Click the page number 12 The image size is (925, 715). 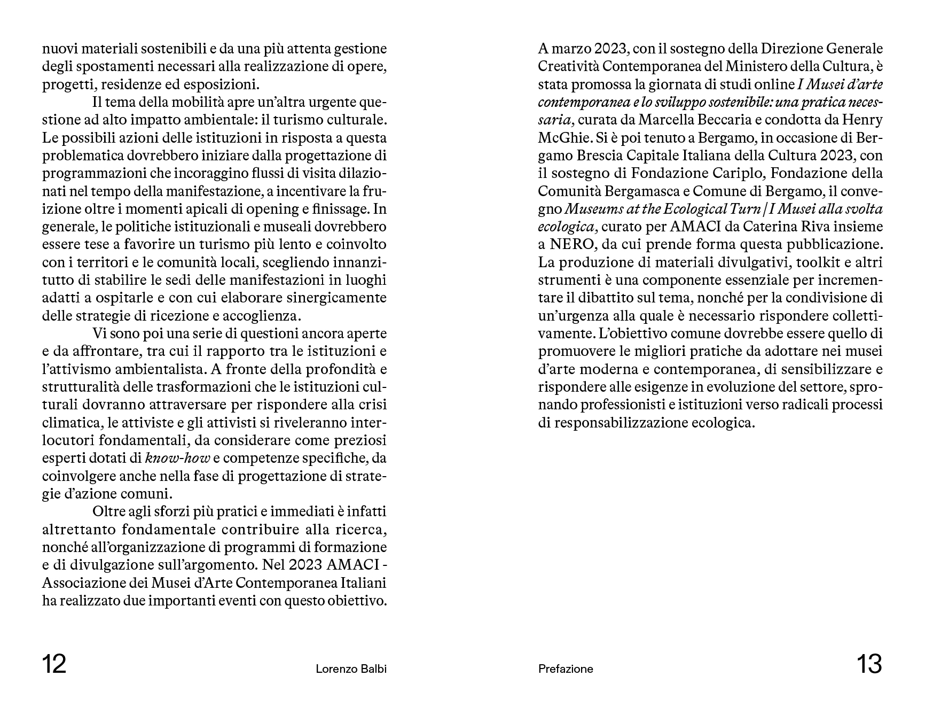pos(54,665)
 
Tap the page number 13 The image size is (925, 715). pos(869,665)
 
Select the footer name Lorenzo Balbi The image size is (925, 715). pos(351,669)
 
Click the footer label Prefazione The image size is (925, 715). pos(566,669)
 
